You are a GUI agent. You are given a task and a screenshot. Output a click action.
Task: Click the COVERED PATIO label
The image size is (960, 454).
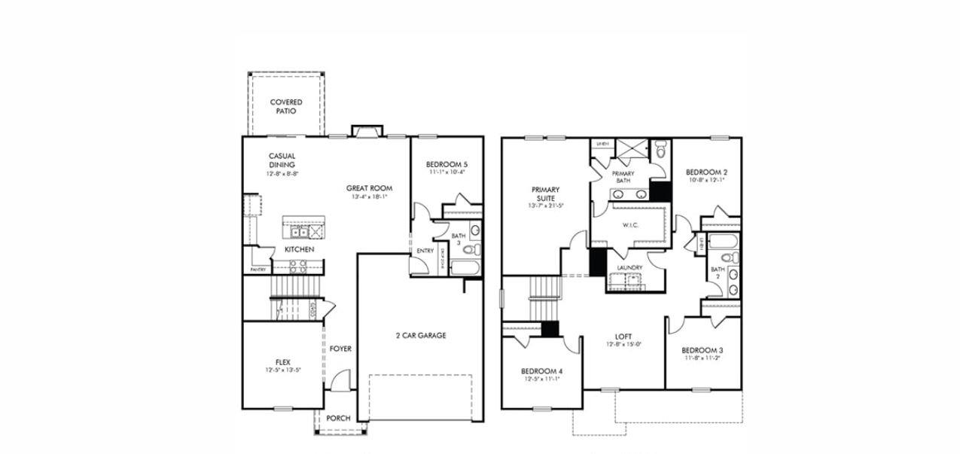(x=286, y=106)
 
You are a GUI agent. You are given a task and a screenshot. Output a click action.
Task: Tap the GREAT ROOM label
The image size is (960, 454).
(x=369, y=188)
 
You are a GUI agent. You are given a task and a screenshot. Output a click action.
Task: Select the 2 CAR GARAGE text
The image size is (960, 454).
(x=421, y=335)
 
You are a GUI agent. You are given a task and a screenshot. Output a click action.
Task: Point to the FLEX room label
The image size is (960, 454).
(x=282, y=361)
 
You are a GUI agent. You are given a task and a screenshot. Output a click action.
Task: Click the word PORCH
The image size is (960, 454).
(x=338, y=418)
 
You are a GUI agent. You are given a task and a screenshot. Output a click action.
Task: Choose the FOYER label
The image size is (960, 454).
(x=340, y=349)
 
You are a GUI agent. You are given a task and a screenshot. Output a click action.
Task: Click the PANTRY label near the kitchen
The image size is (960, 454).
(x=258, y=269)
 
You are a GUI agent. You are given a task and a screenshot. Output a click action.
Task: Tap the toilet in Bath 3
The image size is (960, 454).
(x=467, y=249)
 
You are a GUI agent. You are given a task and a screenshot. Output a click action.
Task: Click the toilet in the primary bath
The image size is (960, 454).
(x=661, y=151)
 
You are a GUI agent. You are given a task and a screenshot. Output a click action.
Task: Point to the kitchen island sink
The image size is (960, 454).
(x=299, y=232)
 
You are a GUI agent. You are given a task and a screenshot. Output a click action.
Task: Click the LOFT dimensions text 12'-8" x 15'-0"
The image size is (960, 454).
(x=623, y=345)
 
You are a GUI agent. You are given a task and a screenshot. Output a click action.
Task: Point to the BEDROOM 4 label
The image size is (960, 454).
(x=541, y=371)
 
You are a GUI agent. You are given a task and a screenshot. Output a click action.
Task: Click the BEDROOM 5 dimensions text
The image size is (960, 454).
(x=446, y=172)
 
